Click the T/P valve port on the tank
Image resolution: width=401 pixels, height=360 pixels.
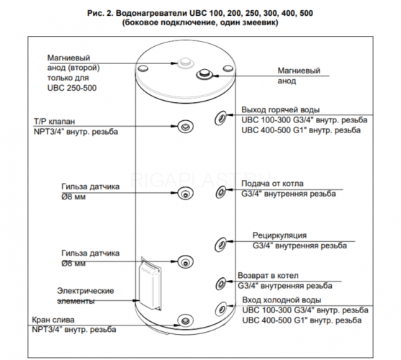tap(186, 126)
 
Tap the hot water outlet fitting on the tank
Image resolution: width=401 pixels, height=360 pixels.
tap(220, 118)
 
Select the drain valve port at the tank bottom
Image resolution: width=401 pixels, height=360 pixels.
tap(186, 320)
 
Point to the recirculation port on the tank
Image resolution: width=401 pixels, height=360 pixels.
tap(220, 244)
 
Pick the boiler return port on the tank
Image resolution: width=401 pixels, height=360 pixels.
tap(220, 283)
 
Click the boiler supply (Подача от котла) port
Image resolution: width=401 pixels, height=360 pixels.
tap(221, 192)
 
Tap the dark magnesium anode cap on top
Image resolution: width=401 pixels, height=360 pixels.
tap(204, 74)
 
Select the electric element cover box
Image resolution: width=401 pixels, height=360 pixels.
tap(150, 283)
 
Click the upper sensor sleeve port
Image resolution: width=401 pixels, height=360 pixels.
tap(186, 193)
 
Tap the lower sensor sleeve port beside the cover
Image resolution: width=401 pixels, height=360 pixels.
tap(186, 261)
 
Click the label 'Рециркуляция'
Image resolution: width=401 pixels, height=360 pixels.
tap(279, 235)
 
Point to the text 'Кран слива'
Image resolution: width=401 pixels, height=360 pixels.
tap(53, 320)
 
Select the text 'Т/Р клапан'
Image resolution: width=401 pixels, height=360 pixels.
tap(54, 121)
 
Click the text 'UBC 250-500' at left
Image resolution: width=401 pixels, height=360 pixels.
tap(72, 88)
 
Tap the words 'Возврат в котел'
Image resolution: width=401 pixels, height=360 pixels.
tap(268, 276)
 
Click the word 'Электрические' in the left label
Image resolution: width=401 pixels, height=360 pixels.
tap(86, 291)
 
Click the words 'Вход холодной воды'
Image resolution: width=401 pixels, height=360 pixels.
tap(281, 300)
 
